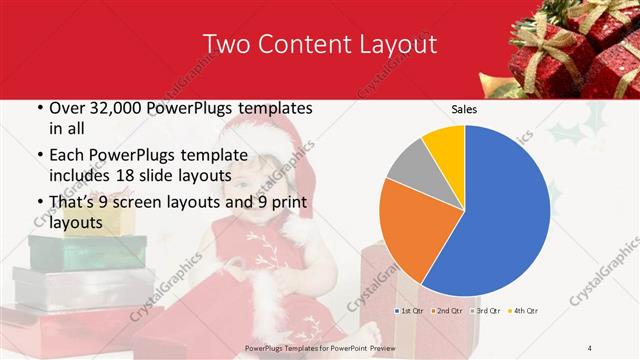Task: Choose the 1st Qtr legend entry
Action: tap(411, 311)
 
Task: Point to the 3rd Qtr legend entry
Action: tap(487, 311)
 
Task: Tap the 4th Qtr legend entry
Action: tap(524, 311)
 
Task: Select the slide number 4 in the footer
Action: tap(590, 347)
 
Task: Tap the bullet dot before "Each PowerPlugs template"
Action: tap(39, 155)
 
